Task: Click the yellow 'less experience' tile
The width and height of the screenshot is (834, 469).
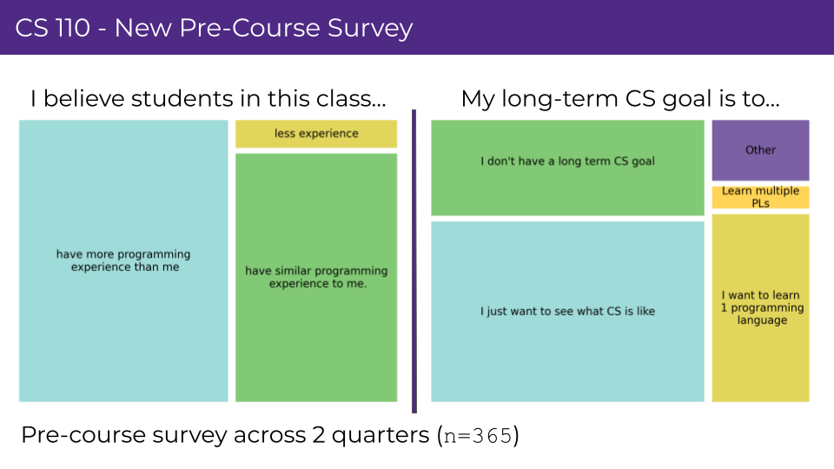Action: click(316, 134)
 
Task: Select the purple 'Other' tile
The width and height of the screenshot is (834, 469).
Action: click(761, 150)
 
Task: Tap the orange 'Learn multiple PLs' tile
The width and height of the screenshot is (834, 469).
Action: click(761, 197)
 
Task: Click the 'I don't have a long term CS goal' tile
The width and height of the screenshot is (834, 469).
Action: click(567, 168)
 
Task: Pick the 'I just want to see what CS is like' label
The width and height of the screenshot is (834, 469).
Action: click(567, 311)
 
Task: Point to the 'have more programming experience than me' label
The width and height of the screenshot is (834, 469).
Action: click(124, 261)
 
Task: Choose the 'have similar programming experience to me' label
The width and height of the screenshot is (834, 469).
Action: click(316, 277)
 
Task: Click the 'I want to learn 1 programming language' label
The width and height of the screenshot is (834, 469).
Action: click(762, 307)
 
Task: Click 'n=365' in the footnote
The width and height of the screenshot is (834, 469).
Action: click(478, 436)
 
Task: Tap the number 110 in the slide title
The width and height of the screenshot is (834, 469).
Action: click(72, 28)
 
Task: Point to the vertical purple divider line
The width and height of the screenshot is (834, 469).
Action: click(414, 261)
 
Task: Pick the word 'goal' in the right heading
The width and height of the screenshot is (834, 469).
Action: click(683, 100)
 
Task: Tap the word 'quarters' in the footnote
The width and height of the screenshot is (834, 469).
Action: click(381, 436)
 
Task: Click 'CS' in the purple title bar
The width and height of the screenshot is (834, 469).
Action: click(31, 28)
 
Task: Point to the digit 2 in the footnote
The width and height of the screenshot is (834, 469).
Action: click(319, 435)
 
